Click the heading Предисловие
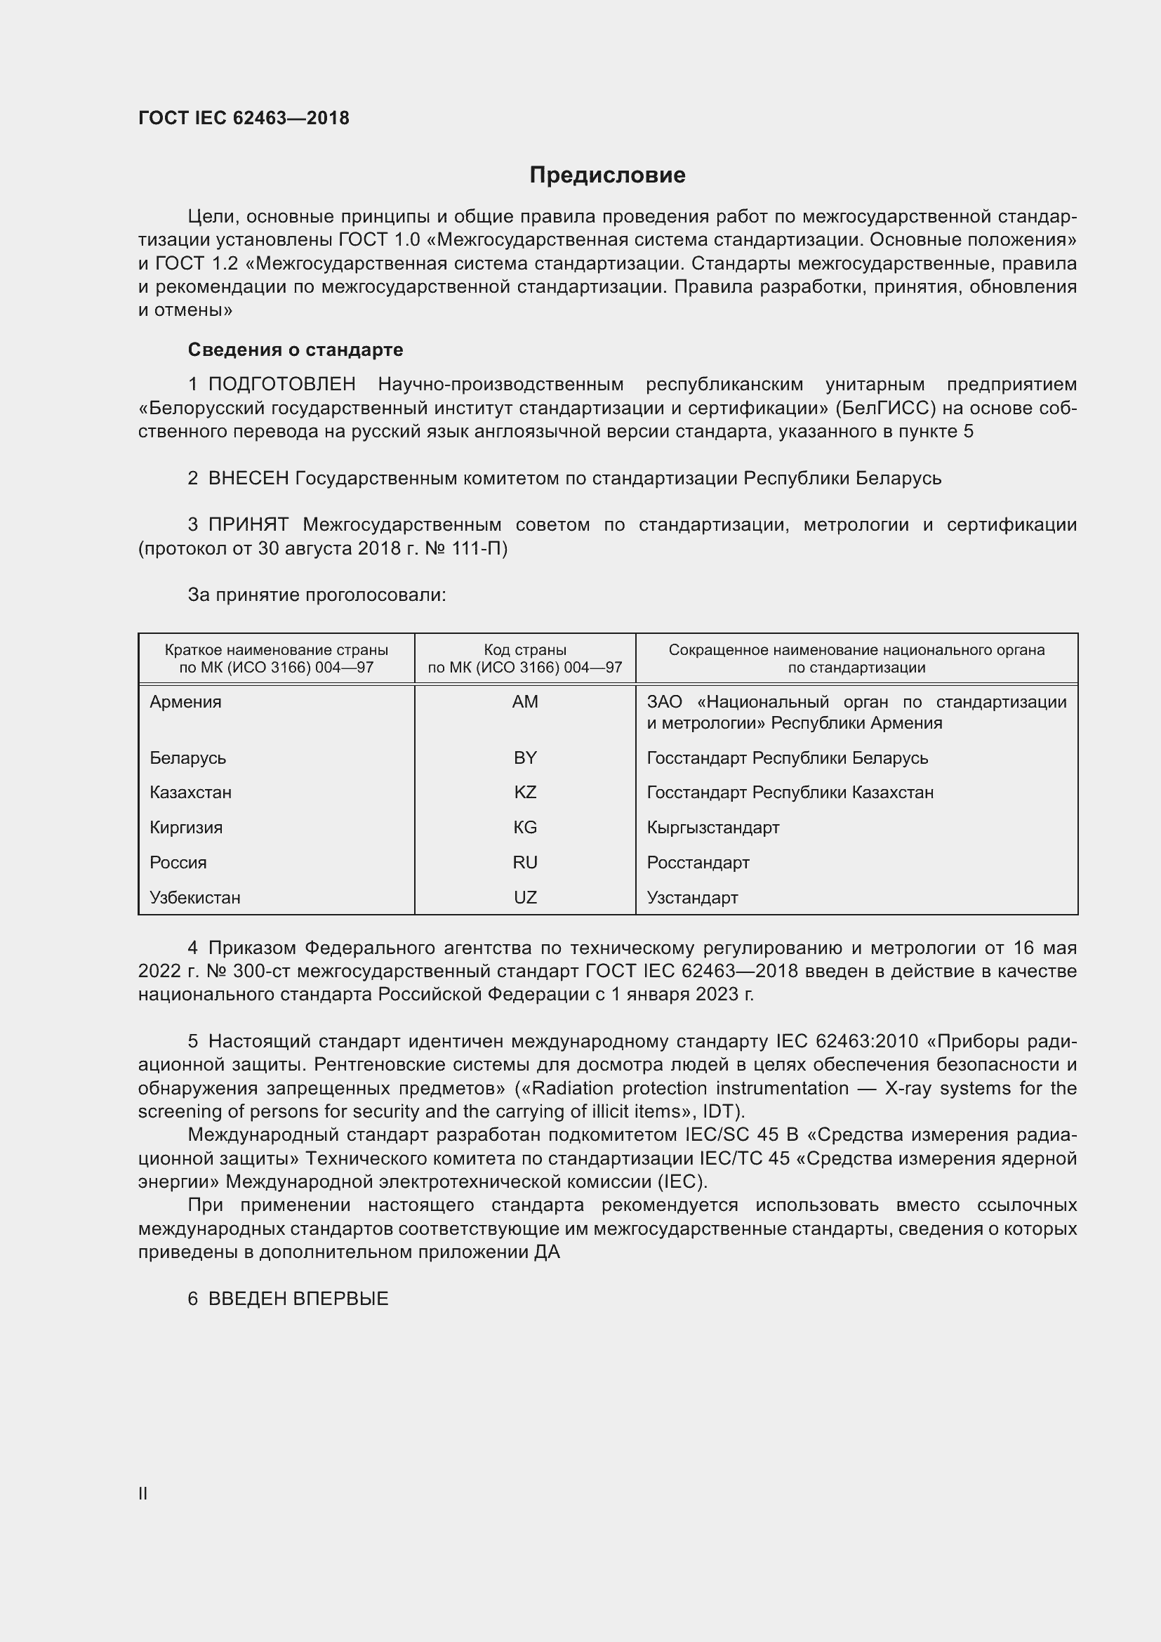pyautogui.click(x=607, y=176)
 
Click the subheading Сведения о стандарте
pyautogui.click(x=296, y=350)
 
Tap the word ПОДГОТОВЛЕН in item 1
pyautogui.click(x=281, y=385)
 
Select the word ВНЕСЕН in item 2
pyautogui.click(x=248, y=479)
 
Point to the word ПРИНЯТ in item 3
pyautogui.click(x=248, y=525)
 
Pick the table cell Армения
pyautogui.click(x=186, y=702)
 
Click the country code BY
pyautogui.click(x=525, y=758)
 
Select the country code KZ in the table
pyautogui.click(x=525, y=793)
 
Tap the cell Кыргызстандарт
pyautogui.click(x=712, y=828)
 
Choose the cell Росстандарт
pyautogui.click(x=698, y=863)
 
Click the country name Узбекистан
pyautogui.click(x=195, y=898)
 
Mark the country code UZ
pyautogui.click(x=525, y=898)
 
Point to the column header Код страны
pyautogui.click(x=525, y=650)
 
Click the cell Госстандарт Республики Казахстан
pyautogui.click(x=790, y=793)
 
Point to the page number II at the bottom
pyautogui.click(x=143, y=1488)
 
